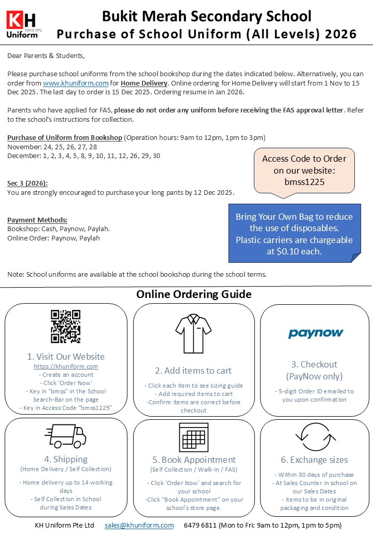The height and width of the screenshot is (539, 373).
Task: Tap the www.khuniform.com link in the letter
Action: point(76,83)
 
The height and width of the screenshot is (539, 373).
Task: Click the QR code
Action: point(65,327)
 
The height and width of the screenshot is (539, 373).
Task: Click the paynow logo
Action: point(316,333)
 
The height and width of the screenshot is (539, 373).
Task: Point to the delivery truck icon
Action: point(65,436)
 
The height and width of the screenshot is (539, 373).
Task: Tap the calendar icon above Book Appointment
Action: point(193,437)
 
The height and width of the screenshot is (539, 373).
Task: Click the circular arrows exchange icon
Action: point(316,437)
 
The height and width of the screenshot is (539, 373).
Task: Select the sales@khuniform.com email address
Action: point(139,525)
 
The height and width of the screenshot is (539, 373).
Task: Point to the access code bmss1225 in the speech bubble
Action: point(304,182)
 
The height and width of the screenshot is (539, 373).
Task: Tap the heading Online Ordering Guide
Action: point(194,294)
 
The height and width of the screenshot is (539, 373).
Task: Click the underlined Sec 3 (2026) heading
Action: point(27,183)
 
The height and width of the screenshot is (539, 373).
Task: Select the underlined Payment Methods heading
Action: point(37,220)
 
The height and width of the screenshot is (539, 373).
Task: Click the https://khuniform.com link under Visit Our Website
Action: point(66,366)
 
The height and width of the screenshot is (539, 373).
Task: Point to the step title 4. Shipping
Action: point(66,459)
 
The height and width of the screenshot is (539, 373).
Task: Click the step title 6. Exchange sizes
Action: point(314,460)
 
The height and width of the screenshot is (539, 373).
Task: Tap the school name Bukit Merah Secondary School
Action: point(207,16)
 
